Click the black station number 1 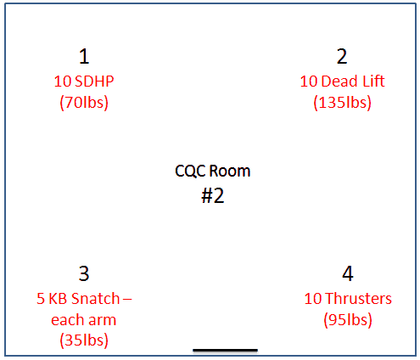click(x=84, y=56)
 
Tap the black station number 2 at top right click(x=342, y=56)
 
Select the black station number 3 click(x=84, y=273)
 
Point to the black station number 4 click(x=348, y=273)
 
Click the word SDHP click(x=94, y=82)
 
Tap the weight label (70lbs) click(x=84, y=103)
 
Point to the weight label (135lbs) click(x=342, y=103)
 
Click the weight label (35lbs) click(x=84, y=340)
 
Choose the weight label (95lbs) click(x=348, y=320)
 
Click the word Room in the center click(x=230, y=172)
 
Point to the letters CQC click(x=191, y=172)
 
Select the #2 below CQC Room click(x=213, y=195)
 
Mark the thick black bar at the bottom click(x=225, y=351)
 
